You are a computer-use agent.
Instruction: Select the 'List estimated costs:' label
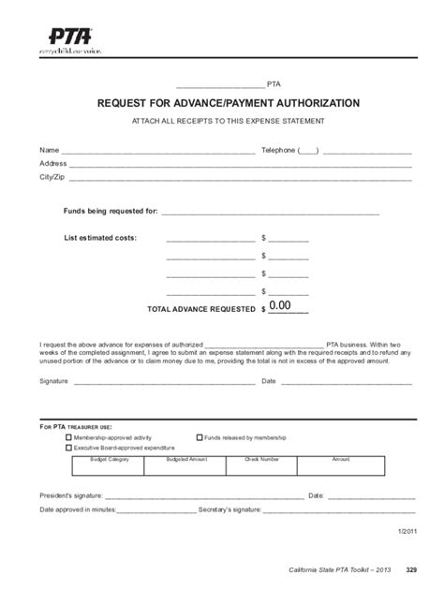pos(100,238)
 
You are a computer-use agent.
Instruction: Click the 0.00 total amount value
pos(281,305)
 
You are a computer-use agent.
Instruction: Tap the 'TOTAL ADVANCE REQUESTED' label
pos(201,308)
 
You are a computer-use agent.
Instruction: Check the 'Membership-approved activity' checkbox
pos(67,437)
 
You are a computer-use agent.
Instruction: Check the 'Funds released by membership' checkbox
pos(200,437)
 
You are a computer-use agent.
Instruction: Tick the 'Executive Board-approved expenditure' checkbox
pos(67,448)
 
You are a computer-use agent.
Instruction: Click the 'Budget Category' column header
pos(110,459)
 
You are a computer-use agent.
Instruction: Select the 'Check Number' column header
pos(262,459)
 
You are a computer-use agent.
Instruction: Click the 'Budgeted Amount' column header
pos(186,459)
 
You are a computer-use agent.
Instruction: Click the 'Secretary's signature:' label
pos(229,509)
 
